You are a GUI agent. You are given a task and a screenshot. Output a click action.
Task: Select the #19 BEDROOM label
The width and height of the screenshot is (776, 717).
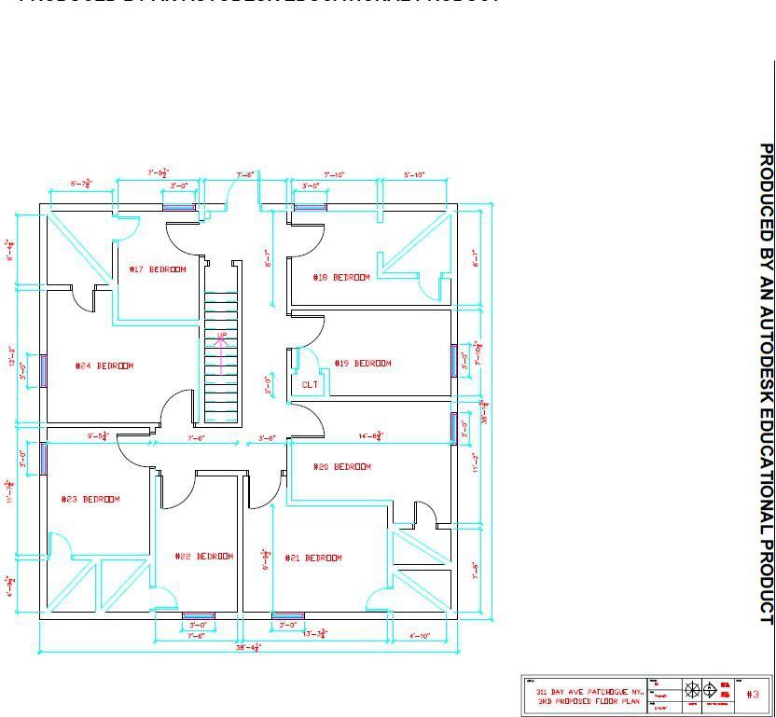pyautogui.click(x=363, y=363)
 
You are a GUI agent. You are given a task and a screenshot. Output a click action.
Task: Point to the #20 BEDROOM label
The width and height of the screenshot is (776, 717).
pyautogui.click(x=367, y=466)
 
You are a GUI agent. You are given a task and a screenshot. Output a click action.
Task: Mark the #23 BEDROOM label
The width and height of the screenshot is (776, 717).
pyautogui.click(x=90, y=499)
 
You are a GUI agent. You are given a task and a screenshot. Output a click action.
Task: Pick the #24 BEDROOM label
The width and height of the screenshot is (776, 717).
pyautogui.click(x=104, y=365)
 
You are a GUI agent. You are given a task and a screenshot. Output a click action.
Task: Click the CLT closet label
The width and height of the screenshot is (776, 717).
pyautogui.click(x=310, y=384)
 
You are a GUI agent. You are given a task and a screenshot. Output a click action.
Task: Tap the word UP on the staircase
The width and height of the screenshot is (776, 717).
pyautogui.click(x=222, y=336)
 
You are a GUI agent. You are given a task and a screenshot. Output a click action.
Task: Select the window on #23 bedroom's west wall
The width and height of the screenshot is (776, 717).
pyautogui.click(x=43, y=459)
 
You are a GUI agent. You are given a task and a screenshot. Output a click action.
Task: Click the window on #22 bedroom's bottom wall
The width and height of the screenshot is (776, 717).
pyautogui.click(x=198, y=615)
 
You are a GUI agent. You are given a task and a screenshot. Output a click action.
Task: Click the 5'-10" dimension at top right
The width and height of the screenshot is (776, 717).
pyautogui.click(x=414, y=175)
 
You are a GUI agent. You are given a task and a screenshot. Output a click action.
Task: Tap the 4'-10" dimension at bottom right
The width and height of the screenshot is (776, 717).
pyautogui.click(x=420, y=636)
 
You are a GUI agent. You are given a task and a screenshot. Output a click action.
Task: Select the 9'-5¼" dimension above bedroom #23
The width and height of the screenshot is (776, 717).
pyautogui.click(x=98, y=435)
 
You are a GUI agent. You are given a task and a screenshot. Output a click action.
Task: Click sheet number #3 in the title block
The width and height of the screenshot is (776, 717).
pyautogui.click(x=754, y=694)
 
